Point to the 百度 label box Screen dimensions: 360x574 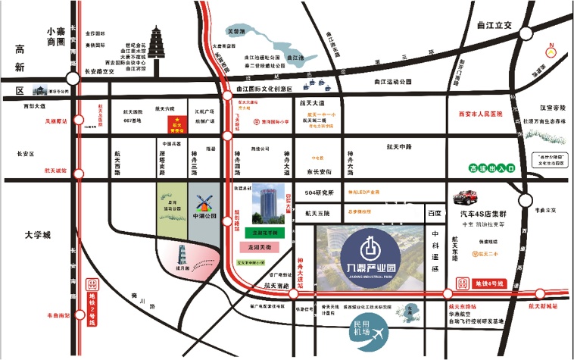(434, 215)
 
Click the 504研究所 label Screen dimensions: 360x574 (319, 193)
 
